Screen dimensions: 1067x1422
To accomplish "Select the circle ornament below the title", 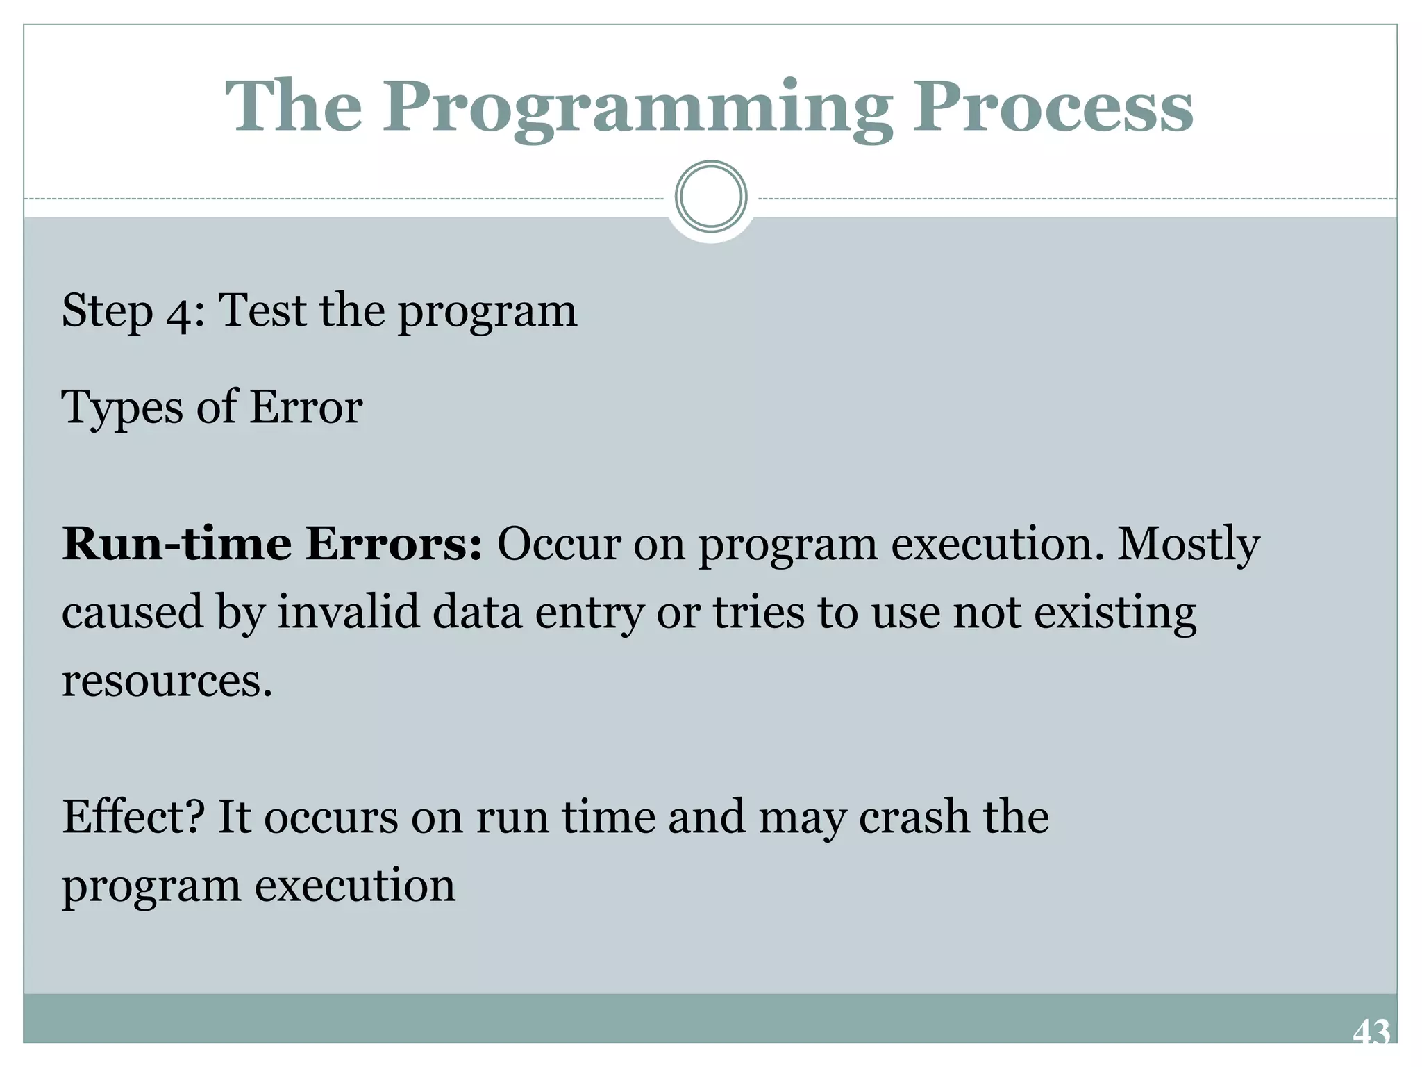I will coord(710,197).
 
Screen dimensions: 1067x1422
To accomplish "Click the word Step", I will coord(107,311).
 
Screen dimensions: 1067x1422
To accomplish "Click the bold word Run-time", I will coord(176,544).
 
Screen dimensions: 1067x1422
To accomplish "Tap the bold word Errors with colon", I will coord(393,544).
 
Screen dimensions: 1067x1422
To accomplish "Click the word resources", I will coord(167,681).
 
